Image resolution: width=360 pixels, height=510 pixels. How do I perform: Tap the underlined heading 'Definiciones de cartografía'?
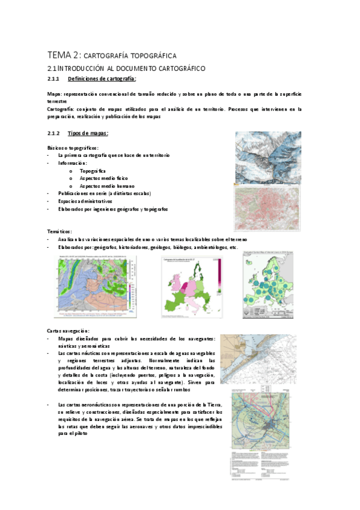tap(102, 79)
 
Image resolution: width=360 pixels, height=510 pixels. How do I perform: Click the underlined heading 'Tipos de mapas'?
tap(88, 133)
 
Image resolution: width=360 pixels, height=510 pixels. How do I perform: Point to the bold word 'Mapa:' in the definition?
tap(54, 95)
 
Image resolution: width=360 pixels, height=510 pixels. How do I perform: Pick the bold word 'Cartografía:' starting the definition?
tap(61, 109)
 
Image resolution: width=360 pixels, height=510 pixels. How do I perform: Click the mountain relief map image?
tap(267, 158)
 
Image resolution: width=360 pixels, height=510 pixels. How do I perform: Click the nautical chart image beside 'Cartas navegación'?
tap(258, 360)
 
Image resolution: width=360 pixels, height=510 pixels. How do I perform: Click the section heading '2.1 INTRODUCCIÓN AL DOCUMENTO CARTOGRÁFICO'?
tap(126, 69)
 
